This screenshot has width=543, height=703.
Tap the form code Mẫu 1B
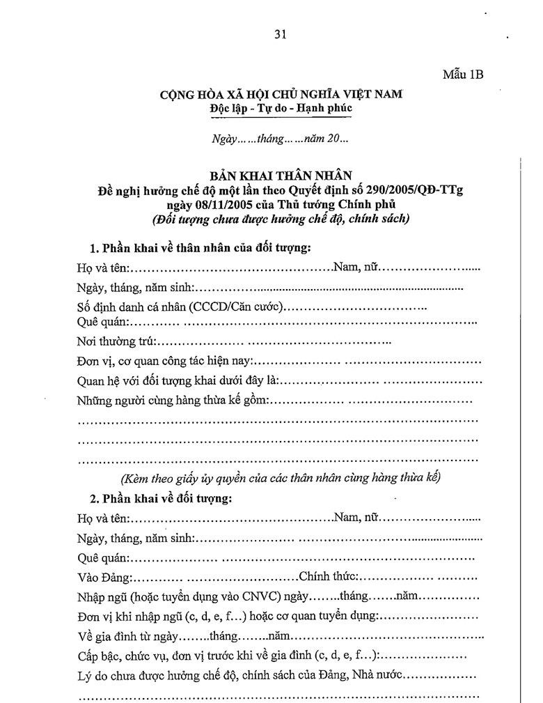(x=463, y=75)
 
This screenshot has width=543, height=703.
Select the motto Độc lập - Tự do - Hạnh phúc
(x=281, y=108)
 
